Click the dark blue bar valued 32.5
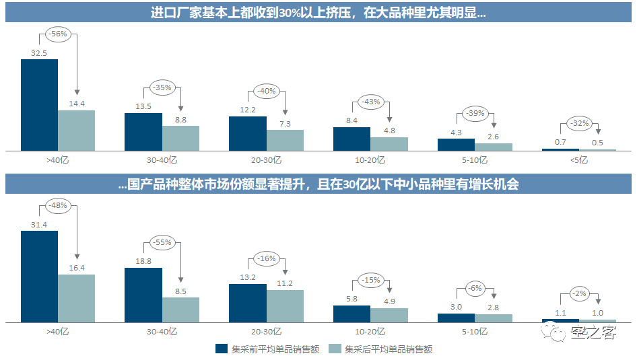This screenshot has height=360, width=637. coord(39,104)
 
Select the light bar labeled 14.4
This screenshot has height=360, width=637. coord(76,131)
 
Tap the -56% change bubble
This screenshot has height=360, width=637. coord(58,34)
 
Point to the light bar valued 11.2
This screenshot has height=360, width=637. coord(285,306)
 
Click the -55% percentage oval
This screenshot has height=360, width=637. coord(162,242)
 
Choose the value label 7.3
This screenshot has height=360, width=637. coord(285,124)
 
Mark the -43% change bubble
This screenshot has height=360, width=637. coord(371,102)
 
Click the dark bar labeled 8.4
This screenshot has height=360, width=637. coord(351,139)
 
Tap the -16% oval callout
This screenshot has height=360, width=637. coord(267,258)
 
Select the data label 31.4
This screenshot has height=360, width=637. coord(39,224)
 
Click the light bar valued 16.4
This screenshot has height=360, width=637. coord(76,298)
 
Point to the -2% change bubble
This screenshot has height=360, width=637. coord(579,293)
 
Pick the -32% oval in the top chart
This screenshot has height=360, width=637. coord(579,123)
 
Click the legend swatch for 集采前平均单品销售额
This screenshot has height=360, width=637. coord(222,349)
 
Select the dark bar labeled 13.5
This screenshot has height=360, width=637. coord(143,131)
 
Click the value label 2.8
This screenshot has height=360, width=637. coord(493,308)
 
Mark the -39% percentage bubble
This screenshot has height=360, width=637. coord(475,114)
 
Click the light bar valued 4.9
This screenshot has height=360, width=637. coord(389,316)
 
